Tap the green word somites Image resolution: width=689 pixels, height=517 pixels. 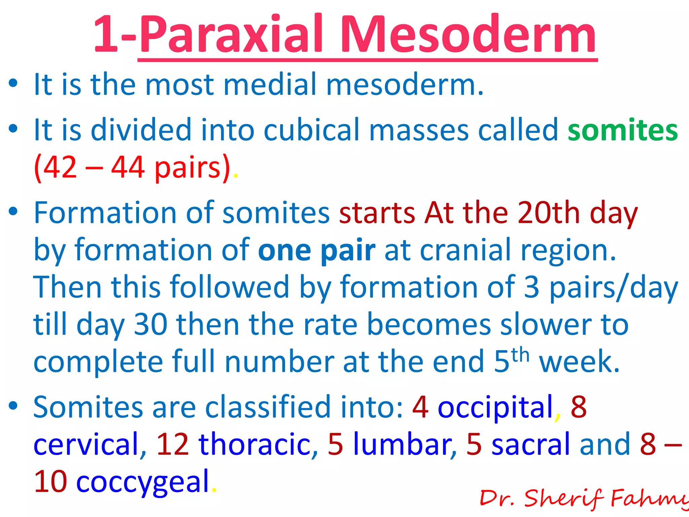pyautogui.click(x=623, y=130)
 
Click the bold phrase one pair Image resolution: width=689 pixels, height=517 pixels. pyautogui.click(x=317, y=250)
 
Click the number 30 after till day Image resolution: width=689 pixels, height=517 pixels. pyautogui.click(x=150, y=324)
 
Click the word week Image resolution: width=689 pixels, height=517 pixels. pyautogui.click(x=579, y=362)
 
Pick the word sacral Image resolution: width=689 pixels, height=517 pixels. pyautogui.click(x=531, y=444)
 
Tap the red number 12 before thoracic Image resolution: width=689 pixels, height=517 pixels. pyautogui.click(x=173, y=444)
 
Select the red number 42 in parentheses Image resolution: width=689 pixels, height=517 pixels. pyautogui.click(x=60, y=167)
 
